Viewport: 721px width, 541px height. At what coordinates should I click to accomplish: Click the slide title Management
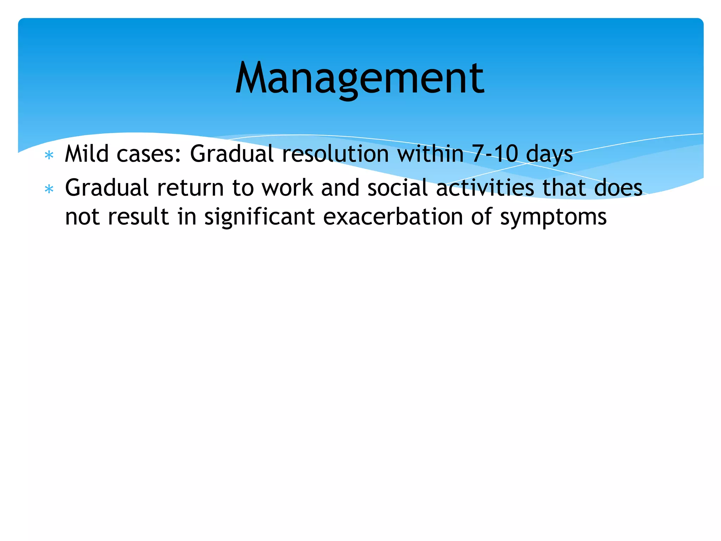click(360, 78)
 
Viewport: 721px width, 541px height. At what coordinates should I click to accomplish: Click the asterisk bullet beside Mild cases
click(49, 155)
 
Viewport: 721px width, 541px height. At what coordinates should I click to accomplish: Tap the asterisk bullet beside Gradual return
click(49, 189)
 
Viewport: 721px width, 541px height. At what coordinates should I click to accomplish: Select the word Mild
click(87, 154)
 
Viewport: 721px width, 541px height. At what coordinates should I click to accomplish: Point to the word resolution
click(336, 154)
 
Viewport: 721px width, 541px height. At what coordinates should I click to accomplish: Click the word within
click(430, 154)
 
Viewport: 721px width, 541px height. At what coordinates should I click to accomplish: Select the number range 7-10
click(495, 154)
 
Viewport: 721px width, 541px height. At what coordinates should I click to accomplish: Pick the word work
click(287, 188)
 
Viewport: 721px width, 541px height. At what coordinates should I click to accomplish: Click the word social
click(397, 188)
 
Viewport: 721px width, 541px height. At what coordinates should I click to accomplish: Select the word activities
click(485, 188)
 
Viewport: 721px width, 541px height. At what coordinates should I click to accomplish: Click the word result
click(138, 217)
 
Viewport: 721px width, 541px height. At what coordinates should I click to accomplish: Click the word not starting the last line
click(82, 217)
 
